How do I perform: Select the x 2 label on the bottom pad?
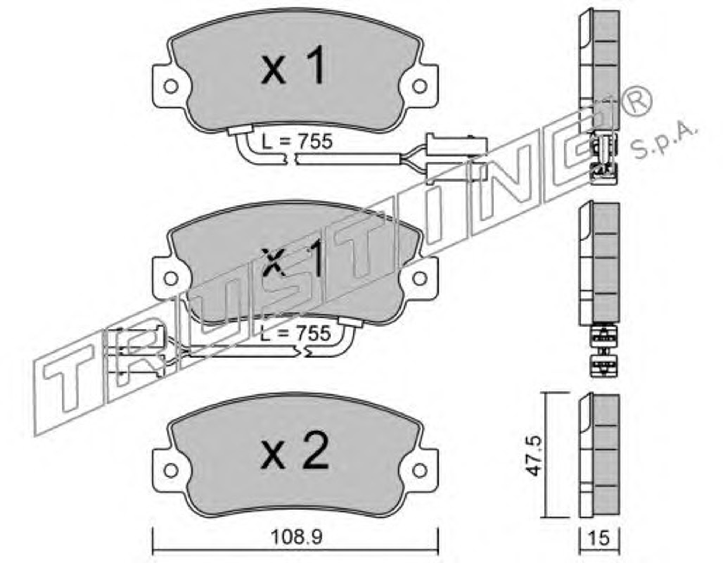coord(295,451)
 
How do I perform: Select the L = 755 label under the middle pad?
coord(295,333)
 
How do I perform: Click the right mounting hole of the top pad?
coord(420,87)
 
